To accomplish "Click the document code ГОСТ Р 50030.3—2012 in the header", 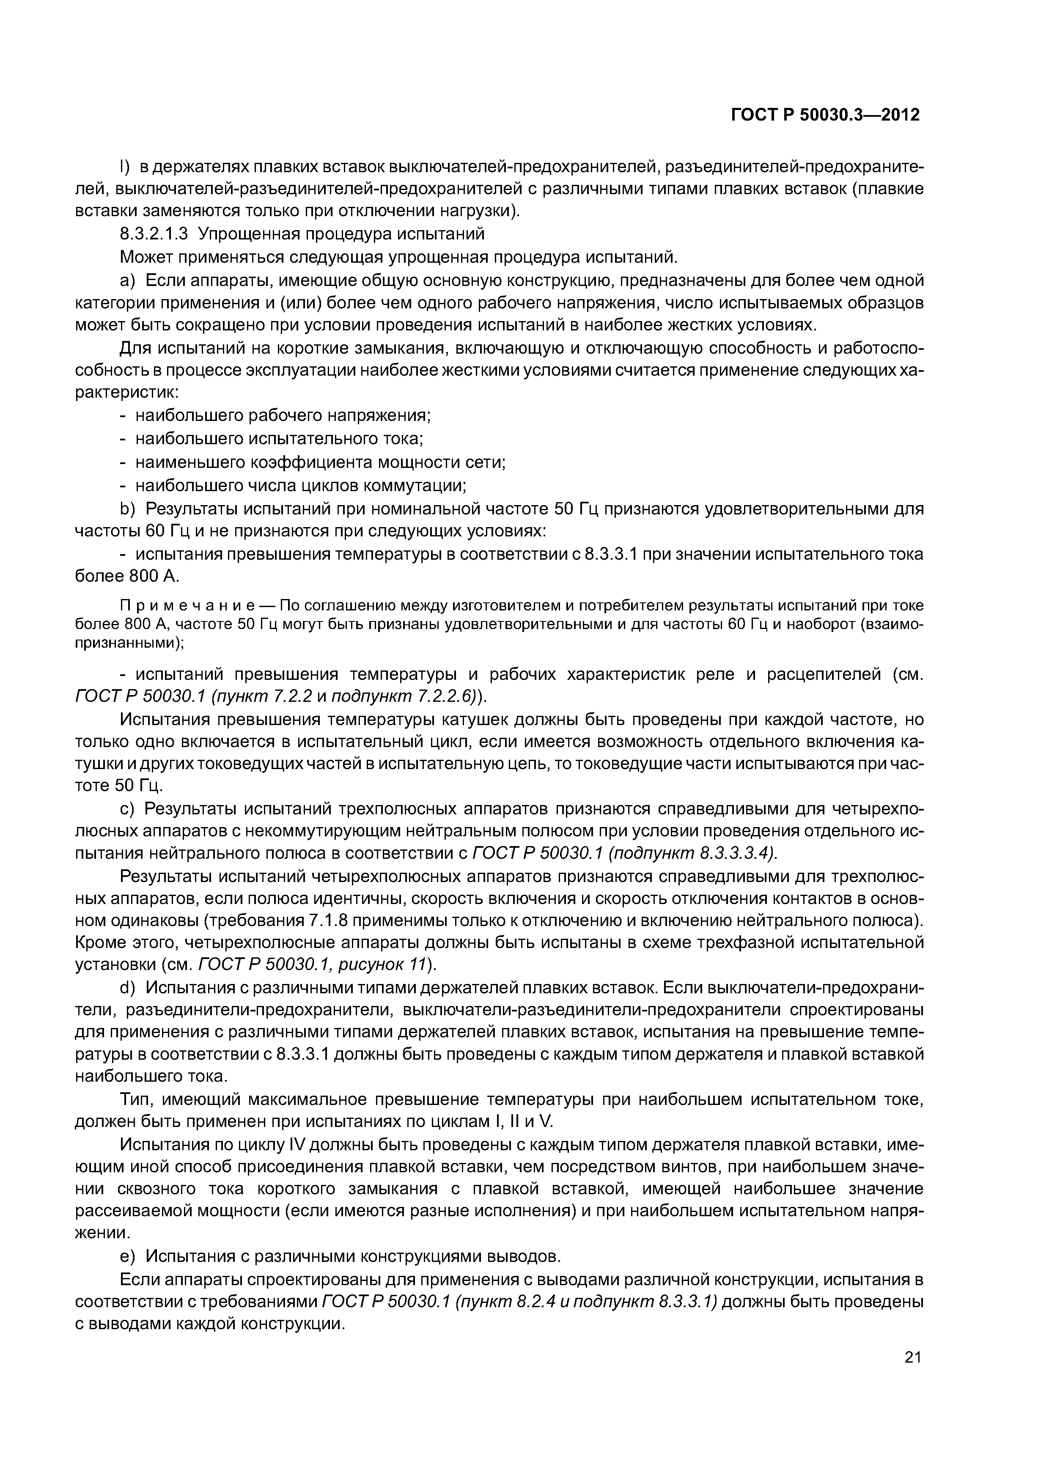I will pyautogui.click(x=825, y=115).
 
